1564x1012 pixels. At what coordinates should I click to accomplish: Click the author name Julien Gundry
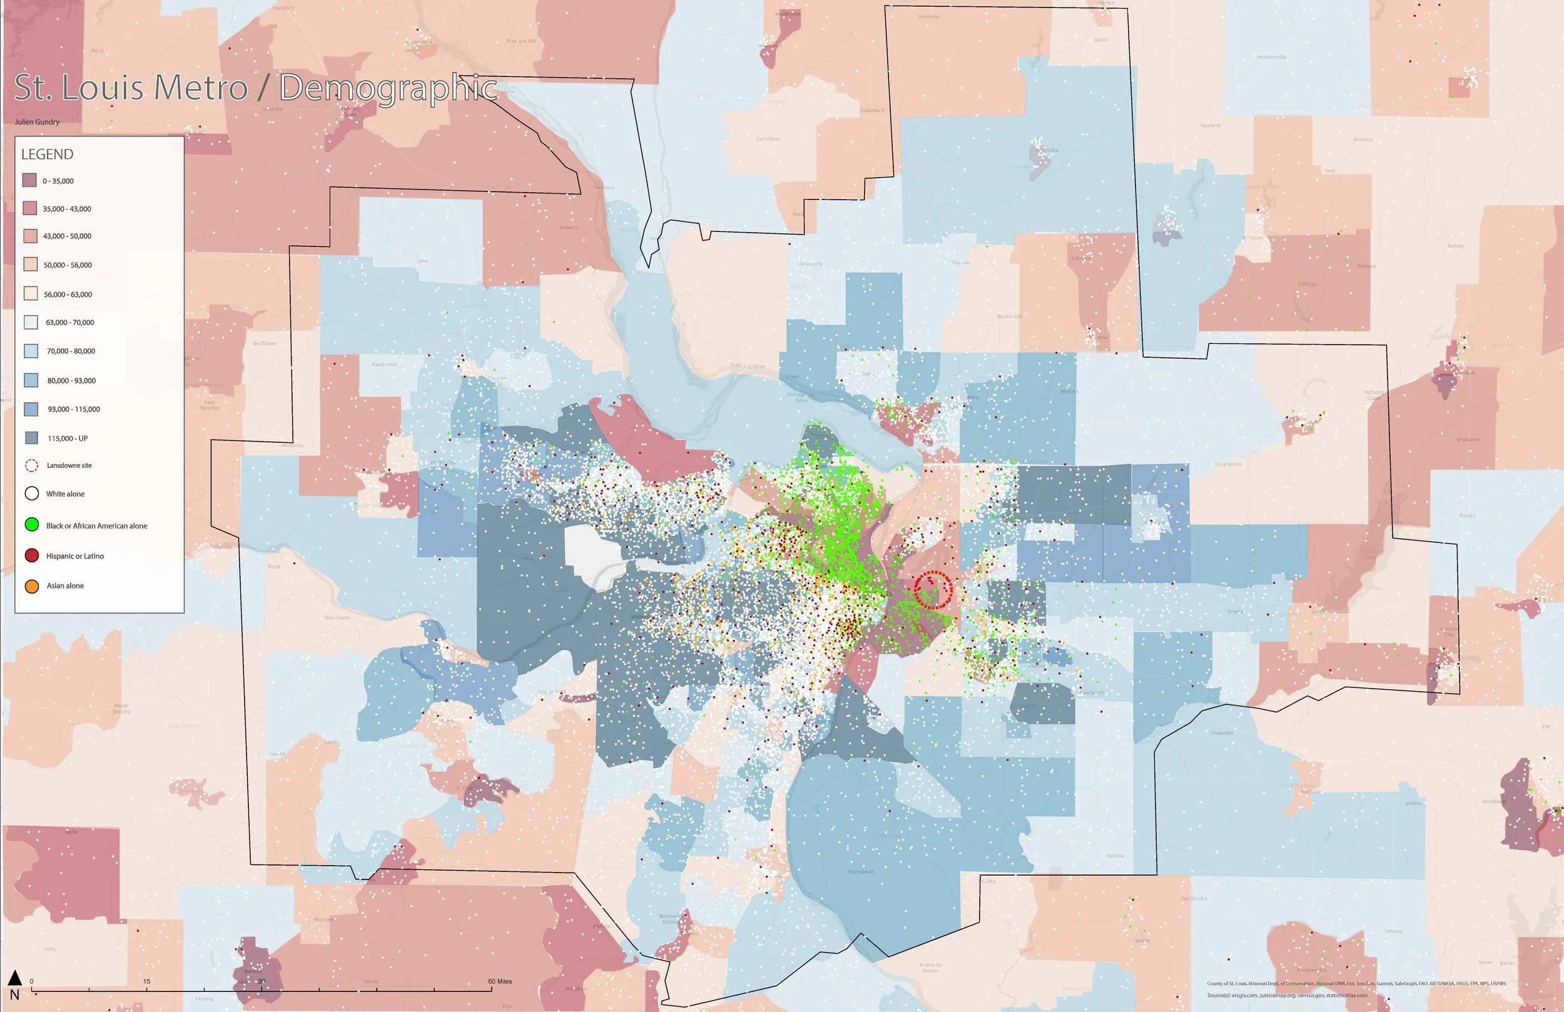(x=37, y=122)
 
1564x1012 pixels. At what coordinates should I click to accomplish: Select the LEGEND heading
(x=48, y=154)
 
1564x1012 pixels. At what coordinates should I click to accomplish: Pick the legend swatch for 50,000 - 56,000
(x=30, y=265)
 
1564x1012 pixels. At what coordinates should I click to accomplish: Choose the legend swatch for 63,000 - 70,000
(x=30, y=322)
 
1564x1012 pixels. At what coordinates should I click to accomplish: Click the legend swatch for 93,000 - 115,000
(x=30, y=409)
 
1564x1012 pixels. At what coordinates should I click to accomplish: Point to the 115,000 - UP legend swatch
(x=30, y=438)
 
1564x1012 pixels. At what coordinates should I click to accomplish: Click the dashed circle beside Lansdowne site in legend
(x=31, y=465)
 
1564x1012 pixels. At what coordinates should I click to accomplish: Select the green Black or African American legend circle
(x=31, y=525)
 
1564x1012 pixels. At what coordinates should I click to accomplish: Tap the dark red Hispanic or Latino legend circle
(x=31, y=556)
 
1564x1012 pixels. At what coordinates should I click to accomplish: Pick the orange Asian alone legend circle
(x=31, y=585)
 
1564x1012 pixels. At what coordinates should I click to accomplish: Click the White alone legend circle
(x=31, y=493)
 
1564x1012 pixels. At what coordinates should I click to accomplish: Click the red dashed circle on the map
(x=933, y=590)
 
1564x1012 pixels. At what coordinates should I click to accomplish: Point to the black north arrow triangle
(x=14, y=978)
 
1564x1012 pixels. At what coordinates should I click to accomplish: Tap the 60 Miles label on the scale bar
(x=499, y=981)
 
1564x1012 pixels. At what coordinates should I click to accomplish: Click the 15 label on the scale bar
(x=146, y=981)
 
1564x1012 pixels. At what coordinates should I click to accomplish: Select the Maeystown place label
(x=860, y=872)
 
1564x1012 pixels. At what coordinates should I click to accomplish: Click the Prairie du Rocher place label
(x=930, y=968)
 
